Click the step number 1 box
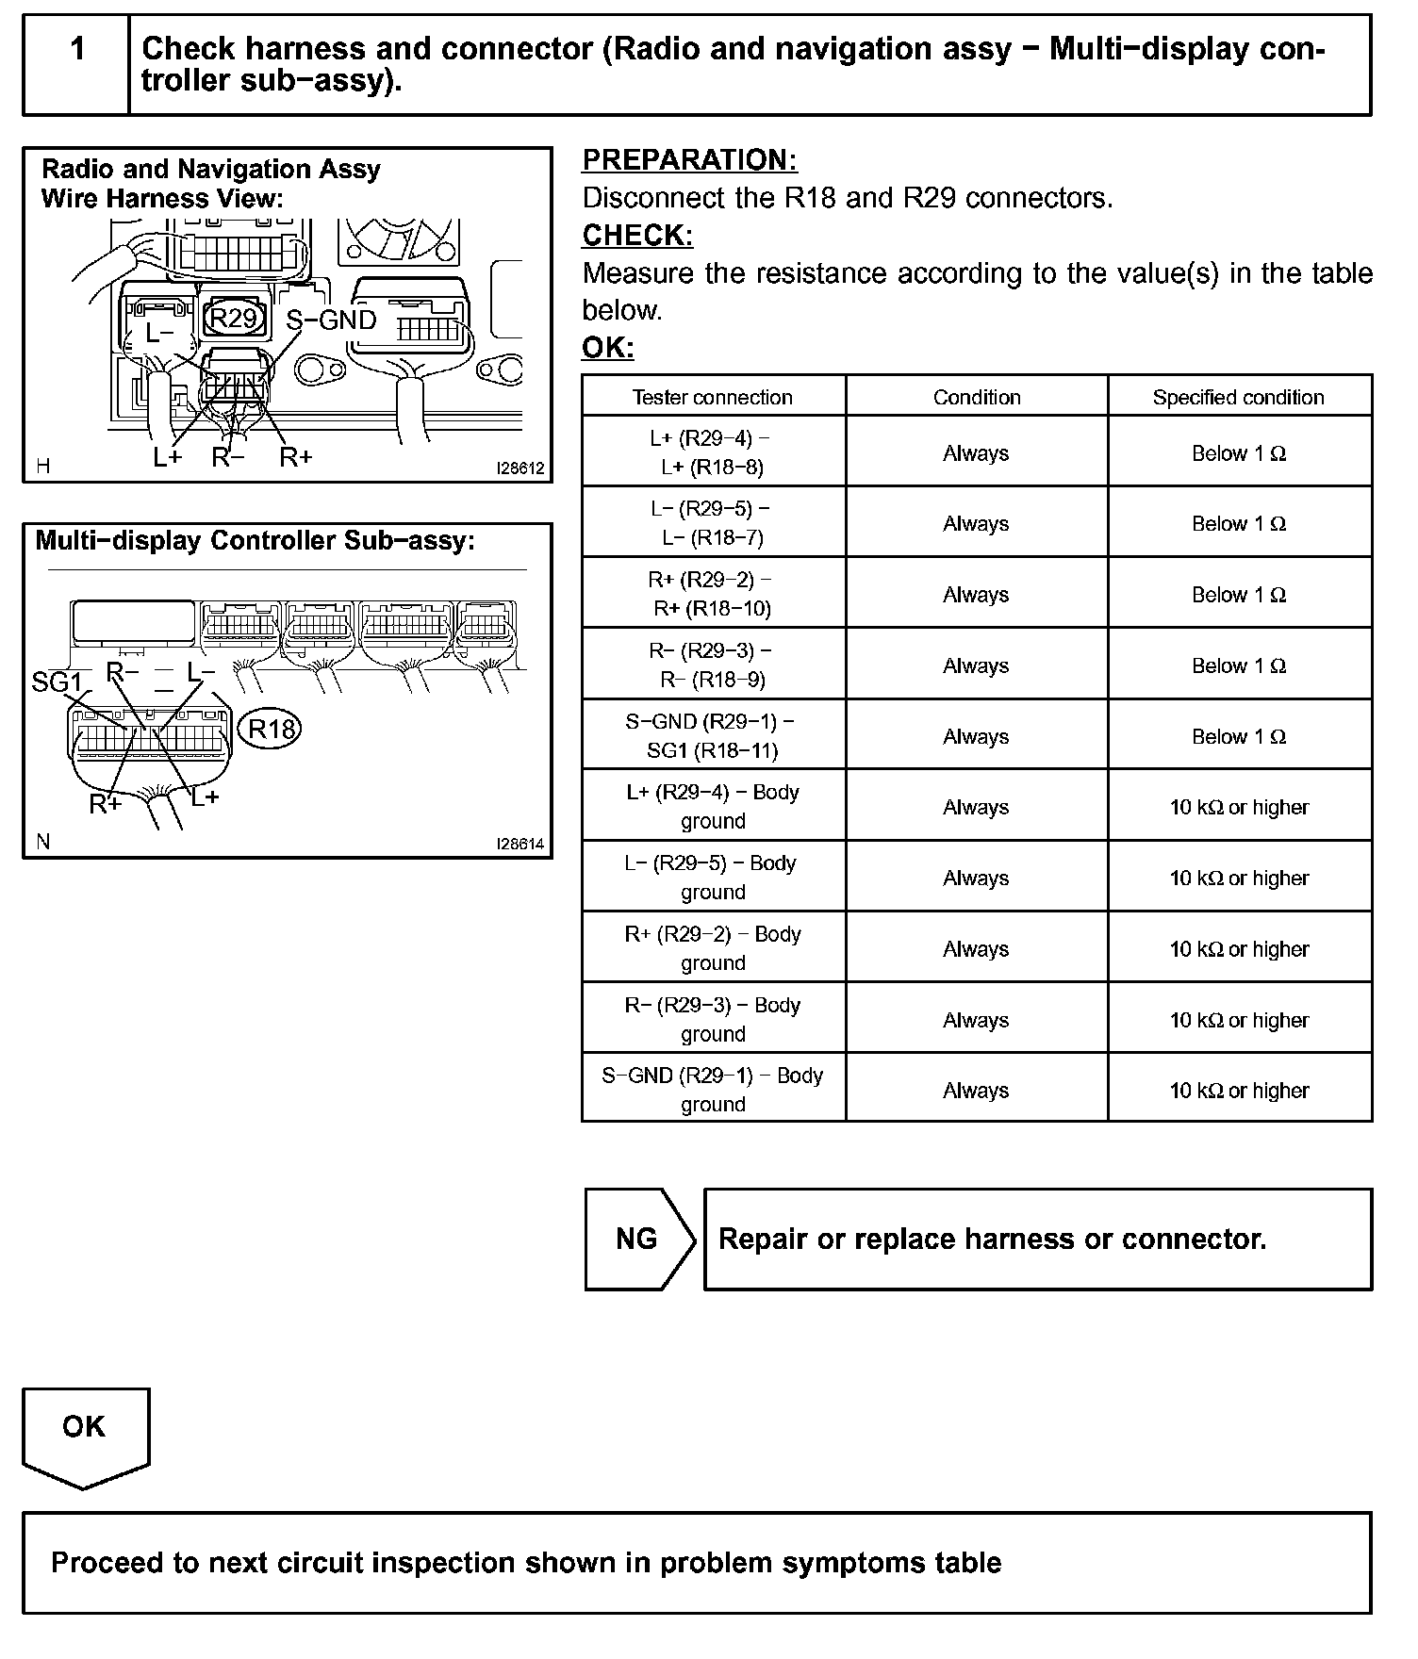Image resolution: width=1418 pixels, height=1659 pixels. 76,64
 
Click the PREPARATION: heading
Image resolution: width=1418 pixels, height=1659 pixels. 689,160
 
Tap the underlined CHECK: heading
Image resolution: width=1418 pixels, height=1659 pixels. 637,235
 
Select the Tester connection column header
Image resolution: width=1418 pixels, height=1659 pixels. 713,397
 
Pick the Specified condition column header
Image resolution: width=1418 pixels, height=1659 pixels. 1238,397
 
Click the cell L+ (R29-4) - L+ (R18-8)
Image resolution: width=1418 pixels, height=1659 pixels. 713,452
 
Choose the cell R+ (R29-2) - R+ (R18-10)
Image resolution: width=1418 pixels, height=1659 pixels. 713,594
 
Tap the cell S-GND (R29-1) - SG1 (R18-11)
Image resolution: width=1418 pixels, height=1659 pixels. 713,735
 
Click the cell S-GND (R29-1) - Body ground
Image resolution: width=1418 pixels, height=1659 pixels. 713,1090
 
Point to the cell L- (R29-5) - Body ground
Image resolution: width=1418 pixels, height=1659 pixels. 713,877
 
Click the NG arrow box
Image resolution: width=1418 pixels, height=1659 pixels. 638,1239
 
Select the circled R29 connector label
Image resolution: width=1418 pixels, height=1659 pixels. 233,318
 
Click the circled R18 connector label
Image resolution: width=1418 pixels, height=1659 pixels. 272,728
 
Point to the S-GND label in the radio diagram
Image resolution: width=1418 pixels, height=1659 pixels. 331,320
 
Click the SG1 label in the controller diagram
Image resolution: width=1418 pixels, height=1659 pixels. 57,682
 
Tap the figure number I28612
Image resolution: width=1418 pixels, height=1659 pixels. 520,468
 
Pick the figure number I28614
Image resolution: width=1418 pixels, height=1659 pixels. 520,845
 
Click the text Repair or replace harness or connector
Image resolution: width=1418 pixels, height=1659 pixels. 992,1239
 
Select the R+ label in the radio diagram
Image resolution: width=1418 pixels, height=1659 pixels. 295,458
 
